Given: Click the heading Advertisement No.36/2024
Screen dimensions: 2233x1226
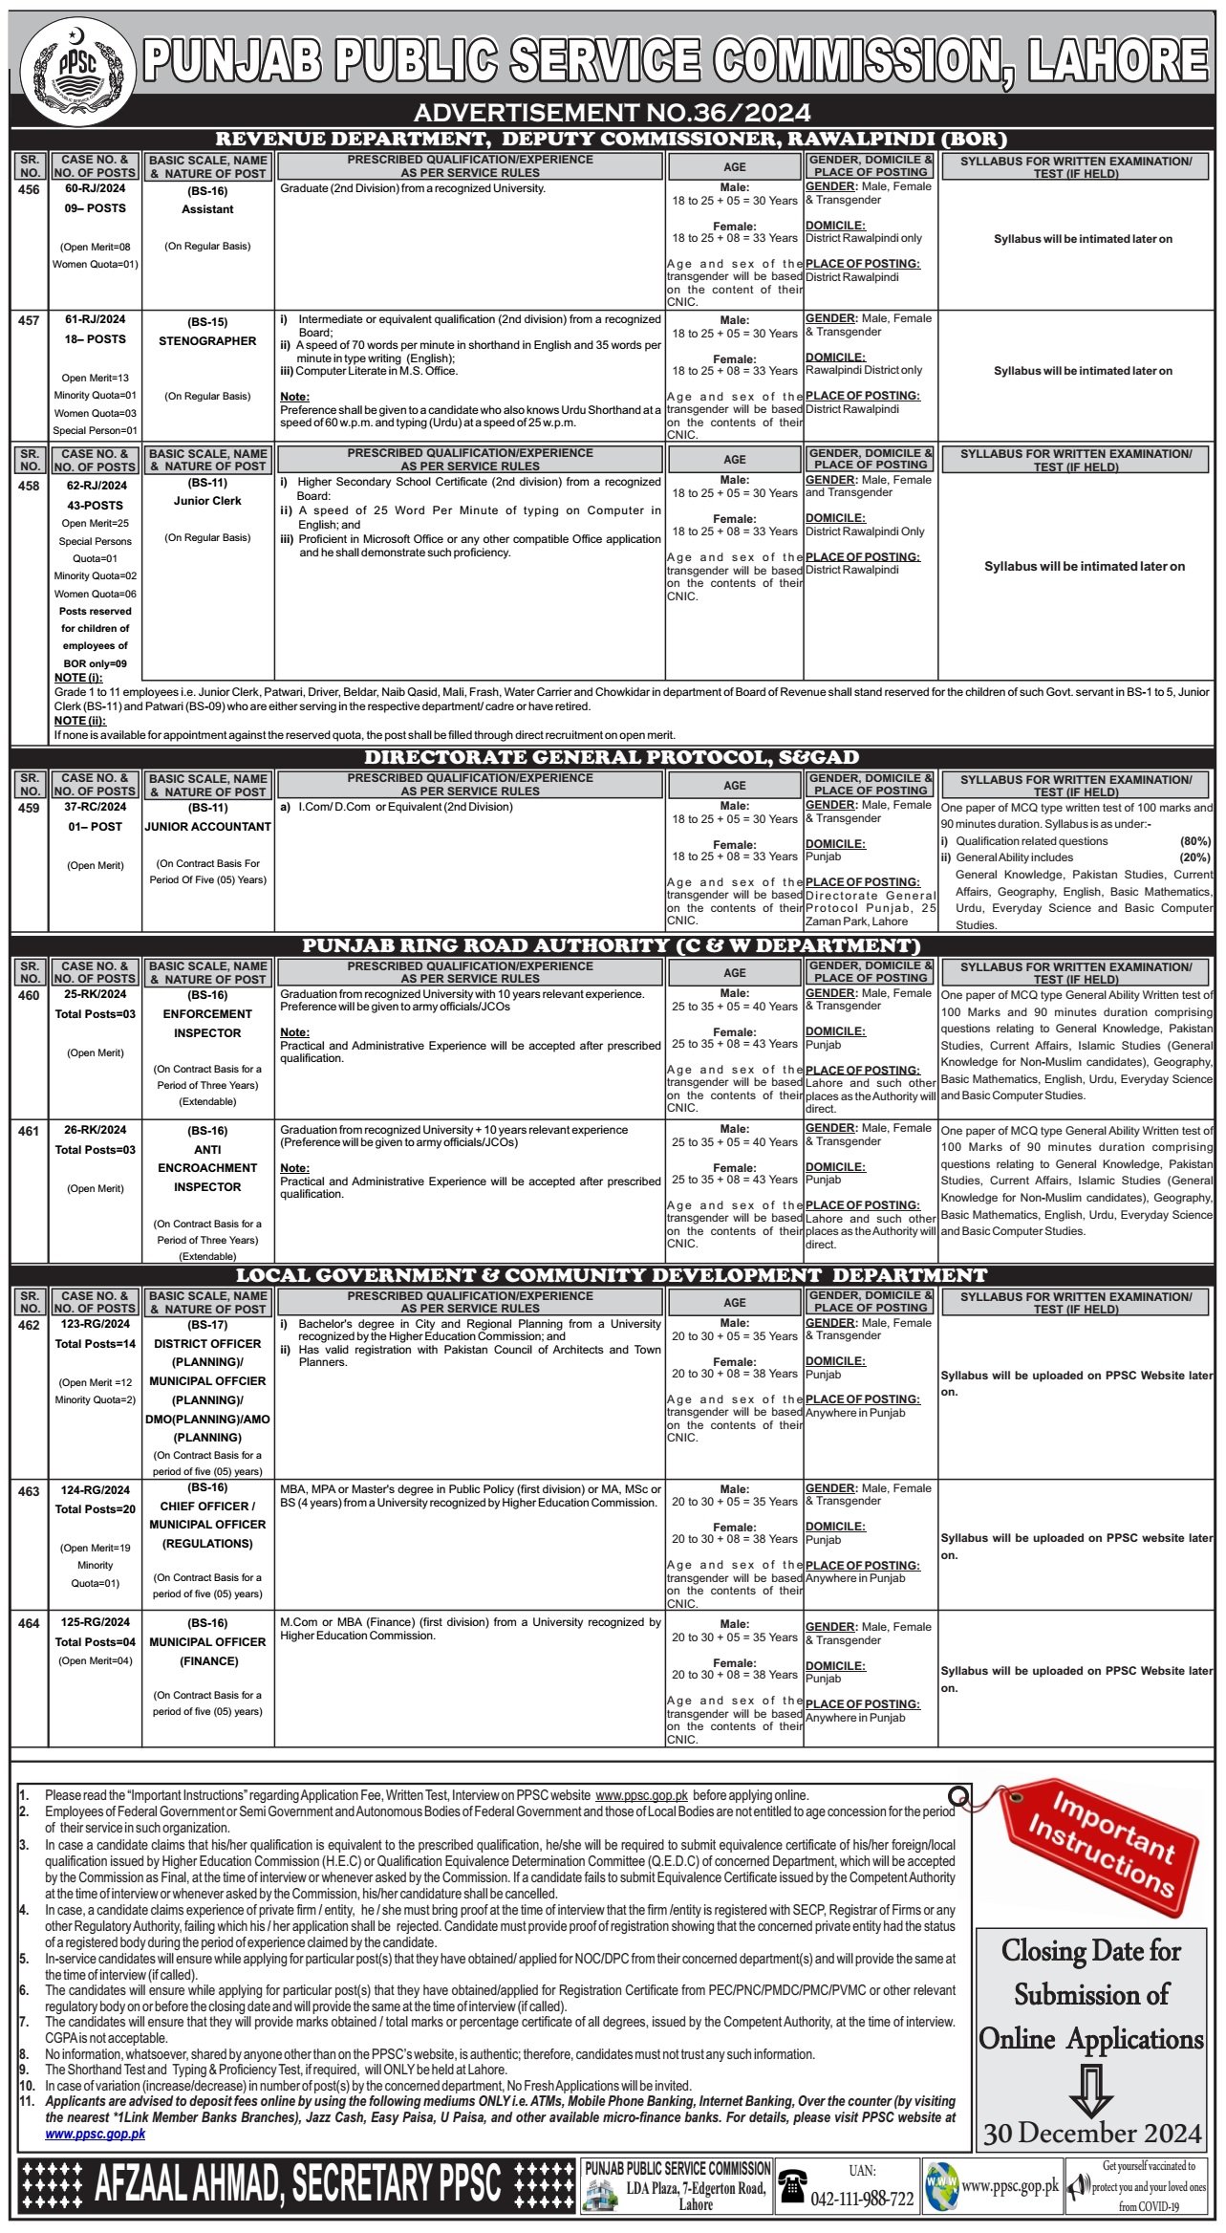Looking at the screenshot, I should coord(612,113).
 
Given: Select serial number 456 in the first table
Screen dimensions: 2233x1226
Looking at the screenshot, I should coord(30,189).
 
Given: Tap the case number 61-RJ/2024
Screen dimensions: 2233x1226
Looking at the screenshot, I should coord(96,319).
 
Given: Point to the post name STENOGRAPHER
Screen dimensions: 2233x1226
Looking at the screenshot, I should coord(207,341).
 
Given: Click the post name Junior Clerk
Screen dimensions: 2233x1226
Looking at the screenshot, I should coord(207,501).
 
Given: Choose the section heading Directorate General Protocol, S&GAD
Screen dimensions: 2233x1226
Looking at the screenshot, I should coord(612,757).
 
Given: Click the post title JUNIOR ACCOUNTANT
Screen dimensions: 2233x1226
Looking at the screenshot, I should coord(207,827).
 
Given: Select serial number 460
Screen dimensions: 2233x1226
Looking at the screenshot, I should coord(30,995).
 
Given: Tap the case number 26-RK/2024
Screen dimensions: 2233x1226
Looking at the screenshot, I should coord(96,1130).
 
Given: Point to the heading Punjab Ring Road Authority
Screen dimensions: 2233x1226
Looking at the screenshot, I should coord(612,945).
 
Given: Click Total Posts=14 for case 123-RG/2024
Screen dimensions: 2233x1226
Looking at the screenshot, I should coord(96,1343).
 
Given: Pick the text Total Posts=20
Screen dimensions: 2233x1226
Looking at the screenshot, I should coord(96,1509).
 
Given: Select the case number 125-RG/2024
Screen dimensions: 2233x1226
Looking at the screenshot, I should coord(96,1622).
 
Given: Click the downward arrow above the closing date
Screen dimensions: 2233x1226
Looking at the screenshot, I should coord(1090,2088).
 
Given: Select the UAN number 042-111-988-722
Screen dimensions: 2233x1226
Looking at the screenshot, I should coord(862,2199).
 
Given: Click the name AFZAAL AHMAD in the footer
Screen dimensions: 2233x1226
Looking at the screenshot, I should coord(189,2183).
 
